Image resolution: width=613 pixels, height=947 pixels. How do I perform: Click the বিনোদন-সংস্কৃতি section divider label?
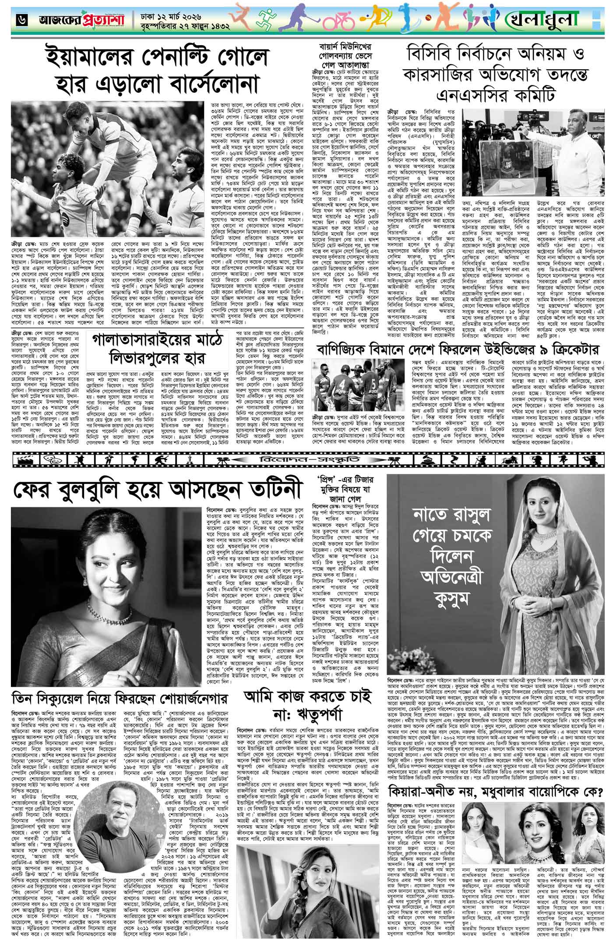[x=303, y=458]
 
